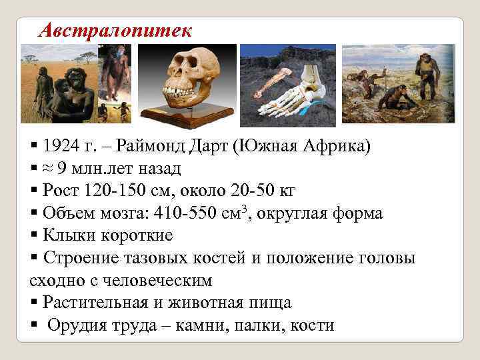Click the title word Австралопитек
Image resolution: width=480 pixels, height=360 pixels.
pos(115,30)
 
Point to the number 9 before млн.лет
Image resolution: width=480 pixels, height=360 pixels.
pos(63,168)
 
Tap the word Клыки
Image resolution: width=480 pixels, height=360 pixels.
pos(66,236)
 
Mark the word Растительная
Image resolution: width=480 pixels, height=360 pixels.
pos(93,303)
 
